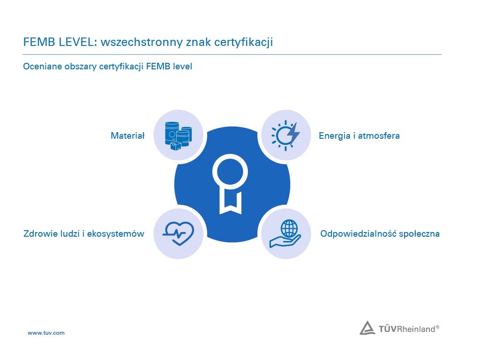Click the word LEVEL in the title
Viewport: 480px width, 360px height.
(x=77, y=42)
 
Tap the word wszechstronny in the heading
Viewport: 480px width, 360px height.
(x=142, y=42)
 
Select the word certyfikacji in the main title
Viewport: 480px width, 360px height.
(x=243, y=42)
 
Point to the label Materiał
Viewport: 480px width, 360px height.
(x=127, y=135)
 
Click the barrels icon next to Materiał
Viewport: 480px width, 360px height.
(x=178, y=135)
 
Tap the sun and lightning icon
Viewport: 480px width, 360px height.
(x=285, y=135)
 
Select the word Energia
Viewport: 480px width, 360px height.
(x=335, y=136)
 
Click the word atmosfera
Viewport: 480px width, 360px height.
(x=379, y=135)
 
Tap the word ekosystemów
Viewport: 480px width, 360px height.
(x=116, y=233)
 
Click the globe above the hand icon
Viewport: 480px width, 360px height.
(x=289, y=228)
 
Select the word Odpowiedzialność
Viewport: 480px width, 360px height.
(x=356, y=234)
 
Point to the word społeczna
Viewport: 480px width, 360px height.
(x=418, y=234)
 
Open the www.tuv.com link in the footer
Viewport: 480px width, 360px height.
(x=46, y=333)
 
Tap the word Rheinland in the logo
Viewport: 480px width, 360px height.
(x=416, y=329)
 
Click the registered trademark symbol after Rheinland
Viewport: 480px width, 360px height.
(x=437, y=327)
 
